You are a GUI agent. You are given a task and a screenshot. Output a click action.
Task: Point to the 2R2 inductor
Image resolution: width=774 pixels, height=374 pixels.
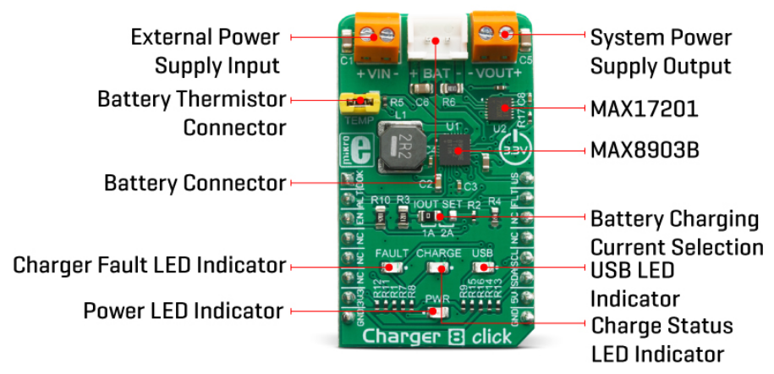coord(400,145)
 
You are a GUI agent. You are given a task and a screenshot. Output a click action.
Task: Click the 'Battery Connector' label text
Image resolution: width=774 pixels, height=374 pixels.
coord(195,183)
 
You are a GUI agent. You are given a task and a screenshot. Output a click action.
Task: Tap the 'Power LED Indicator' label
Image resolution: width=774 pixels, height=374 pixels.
coord(183,311)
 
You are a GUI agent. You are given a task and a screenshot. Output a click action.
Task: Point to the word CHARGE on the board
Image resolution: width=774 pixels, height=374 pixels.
coord(438,253)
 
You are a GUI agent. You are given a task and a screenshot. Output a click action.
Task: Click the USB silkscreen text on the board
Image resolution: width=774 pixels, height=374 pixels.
coord(482,253)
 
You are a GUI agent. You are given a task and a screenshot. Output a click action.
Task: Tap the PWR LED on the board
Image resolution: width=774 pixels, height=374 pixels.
coord(436,311)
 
